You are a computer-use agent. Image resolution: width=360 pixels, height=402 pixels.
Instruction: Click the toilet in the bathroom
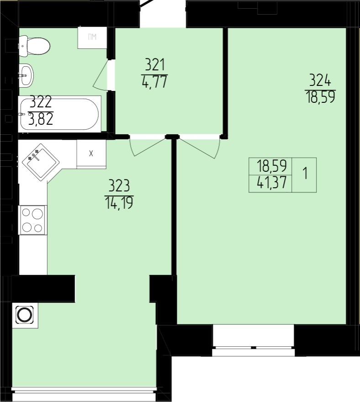tap(34, 47)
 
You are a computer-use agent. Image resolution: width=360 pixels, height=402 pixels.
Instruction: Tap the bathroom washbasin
tap(26, 74)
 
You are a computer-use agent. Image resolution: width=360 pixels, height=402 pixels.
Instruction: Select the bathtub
tap(59, 114)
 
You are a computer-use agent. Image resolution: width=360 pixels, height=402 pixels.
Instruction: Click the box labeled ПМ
tap(92, 37)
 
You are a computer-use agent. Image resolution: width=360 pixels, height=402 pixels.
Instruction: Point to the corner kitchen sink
tap(41, 162)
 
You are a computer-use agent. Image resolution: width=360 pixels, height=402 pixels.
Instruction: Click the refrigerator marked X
tap(91, 154)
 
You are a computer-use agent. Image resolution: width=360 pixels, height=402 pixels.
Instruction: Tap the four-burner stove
tap(32, 220)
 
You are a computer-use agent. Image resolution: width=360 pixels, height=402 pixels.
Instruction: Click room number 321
tap(154, 65)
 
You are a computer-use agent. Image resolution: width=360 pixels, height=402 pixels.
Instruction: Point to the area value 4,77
tap(154, 82)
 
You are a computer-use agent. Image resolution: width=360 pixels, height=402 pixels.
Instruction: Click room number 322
tap(41, 102)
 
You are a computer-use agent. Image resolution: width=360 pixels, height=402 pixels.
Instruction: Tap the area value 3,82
tap(41, 119)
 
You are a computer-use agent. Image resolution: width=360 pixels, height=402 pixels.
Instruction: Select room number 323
tap(119, 186)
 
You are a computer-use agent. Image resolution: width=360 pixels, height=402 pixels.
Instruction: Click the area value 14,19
tap(119, 203)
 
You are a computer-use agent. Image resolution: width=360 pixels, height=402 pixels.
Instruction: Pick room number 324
tap(320, 80)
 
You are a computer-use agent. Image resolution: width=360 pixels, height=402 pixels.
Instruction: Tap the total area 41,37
tap(271, 183)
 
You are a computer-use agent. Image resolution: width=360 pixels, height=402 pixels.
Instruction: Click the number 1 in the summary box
tap(305, 173)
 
